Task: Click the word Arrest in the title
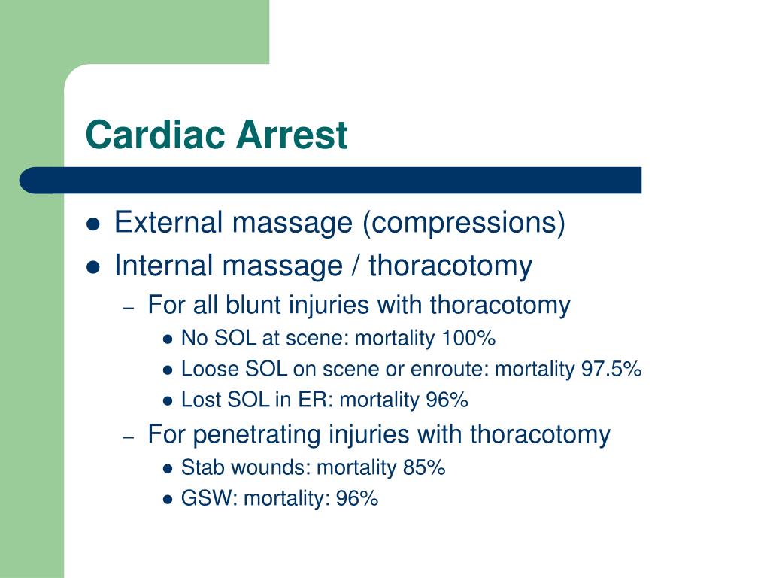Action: (x=292, y=134)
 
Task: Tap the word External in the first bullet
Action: (x=168, y=222)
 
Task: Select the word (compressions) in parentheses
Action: (x=464, y=224)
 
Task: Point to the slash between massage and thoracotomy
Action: (x=356, y=266)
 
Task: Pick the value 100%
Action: (x=468, y=338)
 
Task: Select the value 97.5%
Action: (x=611, y=369)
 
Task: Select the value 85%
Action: (x=424, y=467)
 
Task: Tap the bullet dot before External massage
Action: (x=93, y=224)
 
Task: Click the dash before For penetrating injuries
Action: (x=129, y=437)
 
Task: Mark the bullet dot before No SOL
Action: (x=168, y=339)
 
